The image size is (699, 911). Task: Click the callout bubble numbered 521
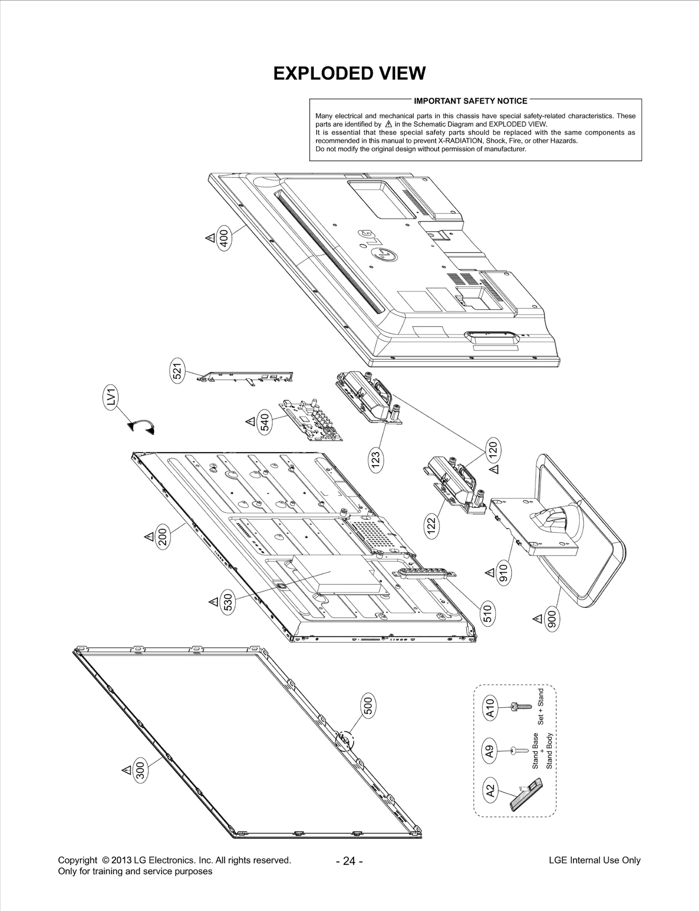(x=177, y=371)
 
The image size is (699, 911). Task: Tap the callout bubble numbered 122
(x=431, y=526)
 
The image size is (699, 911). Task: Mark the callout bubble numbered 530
(x=228, y=603)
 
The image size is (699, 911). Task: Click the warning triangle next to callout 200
(x=149, y=536)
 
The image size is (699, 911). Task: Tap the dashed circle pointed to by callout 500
(x=343, y=740)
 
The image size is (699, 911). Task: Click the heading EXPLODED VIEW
(x=349, y=73)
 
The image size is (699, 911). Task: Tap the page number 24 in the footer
(x=349, y=861)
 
